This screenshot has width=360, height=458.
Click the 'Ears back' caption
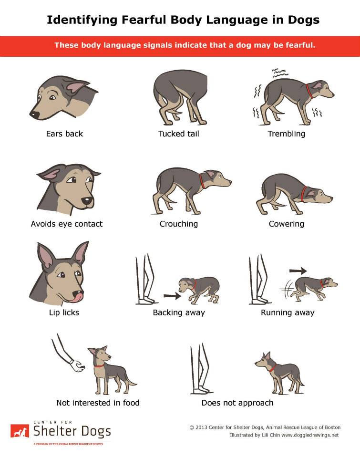click(x=64, y=134)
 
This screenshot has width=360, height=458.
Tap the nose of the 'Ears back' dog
click(x=34, y=114)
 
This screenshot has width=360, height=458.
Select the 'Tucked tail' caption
click(x=179, y=134)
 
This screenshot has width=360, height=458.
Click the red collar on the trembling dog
click(x=309, y=91)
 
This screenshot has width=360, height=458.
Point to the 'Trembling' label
click(x=287, y=134)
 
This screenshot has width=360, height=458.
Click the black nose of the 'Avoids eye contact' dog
click(x=87, y=201)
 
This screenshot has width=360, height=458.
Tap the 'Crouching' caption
click(x=179, y=224)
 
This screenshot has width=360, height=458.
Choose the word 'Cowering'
click(x=287, y=224)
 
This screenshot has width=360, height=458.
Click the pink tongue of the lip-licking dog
click(x=78, y=297)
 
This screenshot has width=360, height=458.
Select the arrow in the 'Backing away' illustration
click(x=172, y=296)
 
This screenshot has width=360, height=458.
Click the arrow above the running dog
click(x=298, y=271)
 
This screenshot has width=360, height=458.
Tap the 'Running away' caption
click(x=288, y=312)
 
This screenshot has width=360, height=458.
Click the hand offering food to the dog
click(x=77, y=366)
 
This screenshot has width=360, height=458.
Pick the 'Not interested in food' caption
click(x=98, y=403)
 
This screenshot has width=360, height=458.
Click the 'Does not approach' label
click(x=237, y=403)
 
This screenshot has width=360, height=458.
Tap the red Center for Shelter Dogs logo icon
click(x=20, y=431)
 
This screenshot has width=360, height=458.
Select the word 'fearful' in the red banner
click(x=300, y=45)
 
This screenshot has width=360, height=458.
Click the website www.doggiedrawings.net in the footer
click(x=310, y=435)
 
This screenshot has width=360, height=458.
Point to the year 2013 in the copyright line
click(x=201, y=427)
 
